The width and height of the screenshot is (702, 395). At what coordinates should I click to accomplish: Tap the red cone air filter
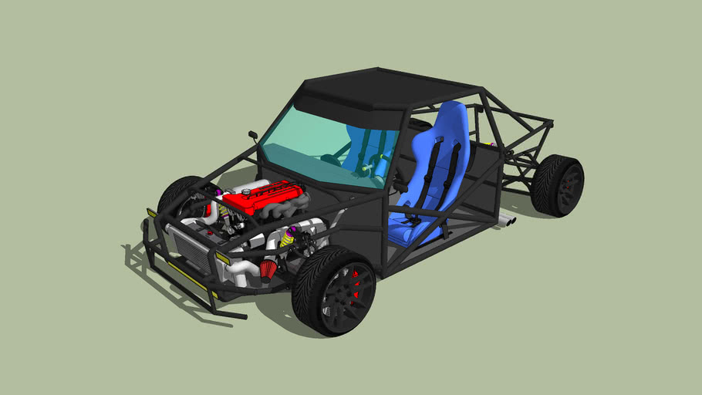coord(268,270)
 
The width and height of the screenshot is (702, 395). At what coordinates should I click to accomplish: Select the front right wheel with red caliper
coord(336,289)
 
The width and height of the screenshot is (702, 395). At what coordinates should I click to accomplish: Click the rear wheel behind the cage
coord(558,186)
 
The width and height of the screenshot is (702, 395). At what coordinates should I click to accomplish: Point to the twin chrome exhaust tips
coord(508,221)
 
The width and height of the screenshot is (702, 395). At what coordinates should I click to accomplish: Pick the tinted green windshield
coord(324,147)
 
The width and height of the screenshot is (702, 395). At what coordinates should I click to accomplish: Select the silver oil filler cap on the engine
coord(246,191)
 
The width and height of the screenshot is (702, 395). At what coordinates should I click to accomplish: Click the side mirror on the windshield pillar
coord(252,137)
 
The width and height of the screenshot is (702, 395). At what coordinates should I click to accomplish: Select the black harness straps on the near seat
coord(444,166)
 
